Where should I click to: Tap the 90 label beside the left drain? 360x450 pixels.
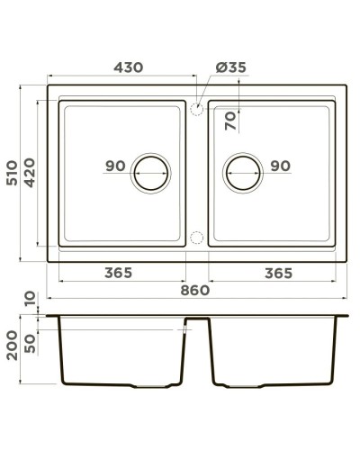(114, 166)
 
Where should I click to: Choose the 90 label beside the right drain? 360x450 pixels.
(279, 166)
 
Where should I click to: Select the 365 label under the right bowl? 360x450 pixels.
(283, 272)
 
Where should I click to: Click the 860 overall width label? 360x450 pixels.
(195, 290)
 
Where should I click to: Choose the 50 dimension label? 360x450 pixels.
(32, 345)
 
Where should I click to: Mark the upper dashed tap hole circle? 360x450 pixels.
(196, 108)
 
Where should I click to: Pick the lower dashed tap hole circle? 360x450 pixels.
(196, 238)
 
